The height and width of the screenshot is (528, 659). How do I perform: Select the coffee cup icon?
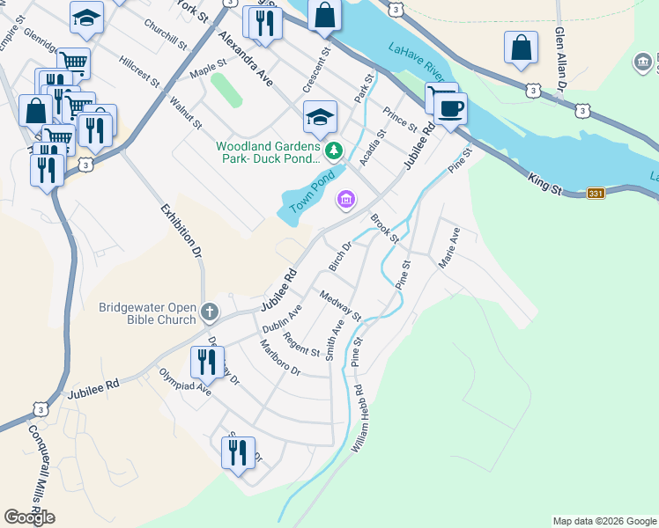pos(450,109)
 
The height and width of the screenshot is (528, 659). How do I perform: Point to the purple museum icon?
pos(345,202)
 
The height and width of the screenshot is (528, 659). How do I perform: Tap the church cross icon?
pos(210,311)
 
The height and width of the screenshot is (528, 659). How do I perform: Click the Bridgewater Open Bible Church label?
pos(147,313)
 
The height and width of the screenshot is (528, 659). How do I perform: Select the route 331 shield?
pos(596,193)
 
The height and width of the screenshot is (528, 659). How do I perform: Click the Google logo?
pos(29,517)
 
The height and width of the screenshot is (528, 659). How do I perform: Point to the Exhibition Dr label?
pos(182,231)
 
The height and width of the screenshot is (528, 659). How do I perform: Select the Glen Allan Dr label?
pos(559,58)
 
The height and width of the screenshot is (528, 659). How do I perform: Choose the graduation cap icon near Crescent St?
pos(320,115)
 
